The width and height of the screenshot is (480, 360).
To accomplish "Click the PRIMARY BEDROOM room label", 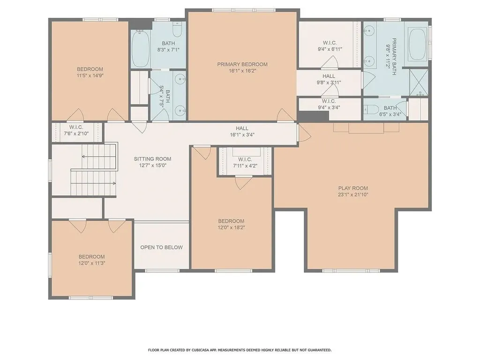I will click(242, 64).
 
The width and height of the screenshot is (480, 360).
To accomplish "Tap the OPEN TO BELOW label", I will click(161, 247).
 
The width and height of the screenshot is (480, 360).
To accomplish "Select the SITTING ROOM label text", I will click(152, 159).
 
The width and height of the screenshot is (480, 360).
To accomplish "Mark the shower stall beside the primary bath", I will click(418, 82).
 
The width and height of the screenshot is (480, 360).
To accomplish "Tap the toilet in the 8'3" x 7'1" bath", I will click(176, 31).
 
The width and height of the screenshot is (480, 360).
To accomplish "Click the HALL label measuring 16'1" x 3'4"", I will click(242, 128).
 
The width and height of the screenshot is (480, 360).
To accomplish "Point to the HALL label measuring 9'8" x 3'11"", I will click(329, 76).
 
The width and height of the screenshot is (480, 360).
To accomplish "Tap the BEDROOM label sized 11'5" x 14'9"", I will click(90, 69).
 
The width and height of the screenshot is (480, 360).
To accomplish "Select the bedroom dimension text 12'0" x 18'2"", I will click(231, 227).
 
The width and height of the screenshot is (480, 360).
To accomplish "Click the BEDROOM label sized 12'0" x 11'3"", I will click(91, 256).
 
